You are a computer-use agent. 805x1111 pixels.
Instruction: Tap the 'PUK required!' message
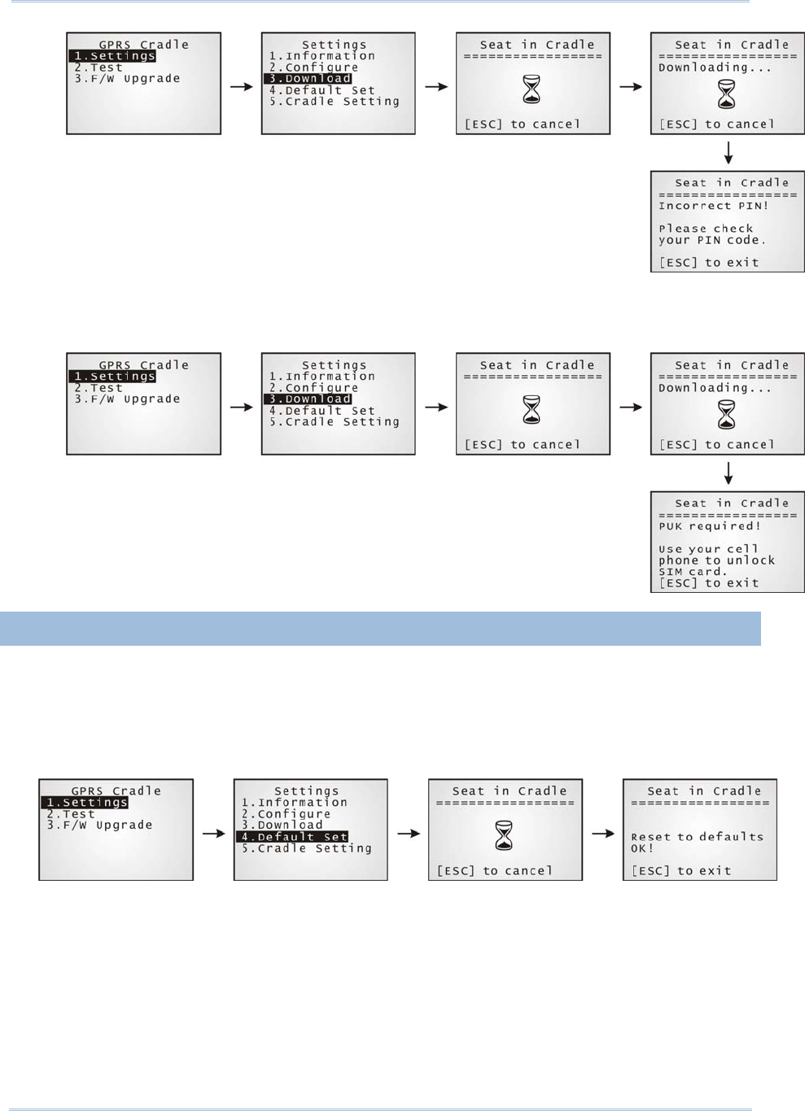click(709, 526)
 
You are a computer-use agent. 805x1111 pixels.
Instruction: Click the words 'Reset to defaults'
click(697, 836)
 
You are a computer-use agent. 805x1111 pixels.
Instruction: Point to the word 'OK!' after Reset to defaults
click(641, 848)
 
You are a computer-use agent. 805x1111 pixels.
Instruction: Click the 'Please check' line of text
click(706, 229)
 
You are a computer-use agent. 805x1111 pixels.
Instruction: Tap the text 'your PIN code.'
click(711, 240)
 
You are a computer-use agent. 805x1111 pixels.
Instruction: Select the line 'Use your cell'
click(708, 549)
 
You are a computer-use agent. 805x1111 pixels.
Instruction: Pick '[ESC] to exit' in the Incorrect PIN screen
click(708, 263)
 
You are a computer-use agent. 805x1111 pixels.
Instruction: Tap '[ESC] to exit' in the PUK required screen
click(708, 583)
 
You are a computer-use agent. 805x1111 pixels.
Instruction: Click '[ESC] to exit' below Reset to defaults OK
click(680, 870)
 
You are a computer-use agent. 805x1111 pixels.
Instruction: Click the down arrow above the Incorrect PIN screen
click(728, 153)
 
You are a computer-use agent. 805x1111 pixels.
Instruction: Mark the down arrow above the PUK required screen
click(728, 473)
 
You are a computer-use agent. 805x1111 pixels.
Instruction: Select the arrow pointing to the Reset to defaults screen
click(603, 833)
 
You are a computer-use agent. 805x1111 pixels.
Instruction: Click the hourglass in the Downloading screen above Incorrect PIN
click(726, 94)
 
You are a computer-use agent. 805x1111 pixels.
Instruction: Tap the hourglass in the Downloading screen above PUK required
click(726, 415)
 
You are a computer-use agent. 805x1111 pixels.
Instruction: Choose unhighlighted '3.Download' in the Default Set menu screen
click(282, 825)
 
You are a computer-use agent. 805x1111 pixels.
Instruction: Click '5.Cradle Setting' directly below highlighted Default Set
click(306, 848)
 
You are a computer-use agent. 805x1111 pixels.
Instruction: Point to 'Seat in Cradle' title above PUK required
click(731, 503)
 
